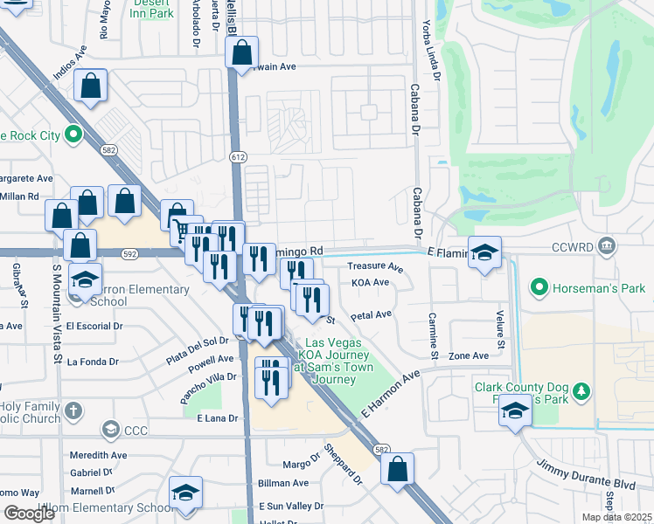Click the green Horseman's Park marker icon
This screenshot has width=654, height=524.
click(539, 286)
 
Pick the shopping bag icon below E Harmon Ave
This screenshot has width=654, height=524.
click(397, 468)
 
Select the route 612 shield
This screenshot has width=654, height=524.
click(238, 157)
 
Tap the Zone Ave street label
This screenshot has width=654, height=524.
click(469, 355)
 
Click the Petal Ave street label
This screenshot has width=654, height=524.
click(371, 314)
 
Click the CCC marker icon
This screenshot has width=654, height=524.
click(111, 429)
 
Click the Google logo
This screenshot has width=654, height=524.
click(30, 513)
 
